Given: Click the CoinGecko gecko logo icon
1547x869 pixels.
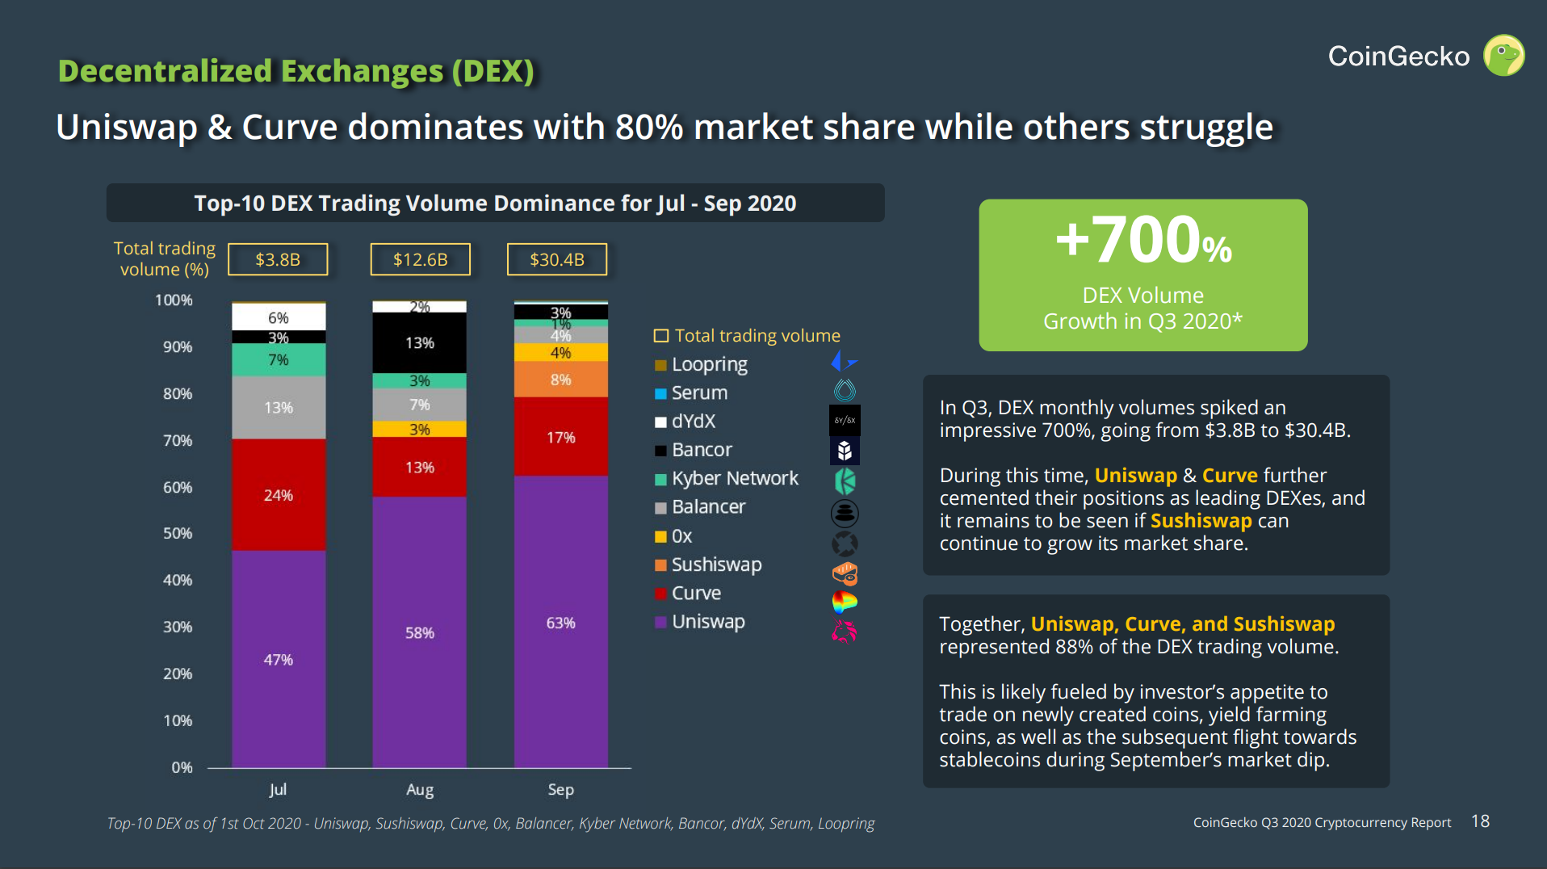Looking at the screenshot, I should tap(1503, 56).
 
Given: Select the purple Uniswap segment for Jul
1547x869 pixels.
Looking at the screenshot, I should tap(279, 658).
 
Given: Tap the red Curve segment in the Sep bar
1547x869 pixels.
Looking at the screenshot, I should tap(560, 437).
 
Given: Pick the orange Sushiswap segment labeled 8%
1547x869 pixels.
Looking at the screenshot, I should tap(560, 380).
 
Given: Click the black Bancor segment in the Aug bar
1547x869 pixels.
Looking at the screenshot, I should tap(419, 342).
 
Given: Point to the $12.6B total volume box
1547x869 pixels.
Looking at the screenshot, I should tap(420, 259).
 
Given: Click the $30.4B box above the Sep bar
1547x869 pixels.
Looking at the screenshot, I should tap(556, 259).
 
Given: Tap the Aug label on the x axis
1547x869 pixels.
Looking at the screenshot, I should tap(419, 789).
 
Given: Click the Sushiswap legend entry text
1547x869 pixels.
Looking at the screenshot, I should tap(716, 565).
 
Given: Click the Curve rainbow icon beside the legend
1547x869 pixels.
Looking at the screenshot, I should tap(845, 602).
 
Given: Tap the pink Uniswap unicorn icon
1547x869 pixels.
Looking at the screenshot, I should tap(845, 631).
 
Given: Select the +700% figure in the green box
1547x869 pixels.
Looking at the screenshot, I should tap(1142, 240).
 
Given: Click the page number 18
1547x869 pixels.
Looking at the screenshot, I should tap(1480, 821).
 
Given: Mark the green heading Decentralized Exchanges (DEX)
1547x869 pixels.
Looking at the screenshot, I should tap(296, 71).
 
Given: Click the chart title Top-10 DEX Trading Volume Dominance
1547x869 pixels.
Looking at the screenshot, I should tap(495, 203).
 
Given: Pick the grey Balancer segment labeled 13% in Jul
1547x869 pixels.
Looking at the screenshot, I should tap(279, 407).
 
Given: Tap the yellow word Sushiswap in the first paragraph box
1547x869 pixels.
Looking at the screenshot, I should tap(1201, 521).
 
